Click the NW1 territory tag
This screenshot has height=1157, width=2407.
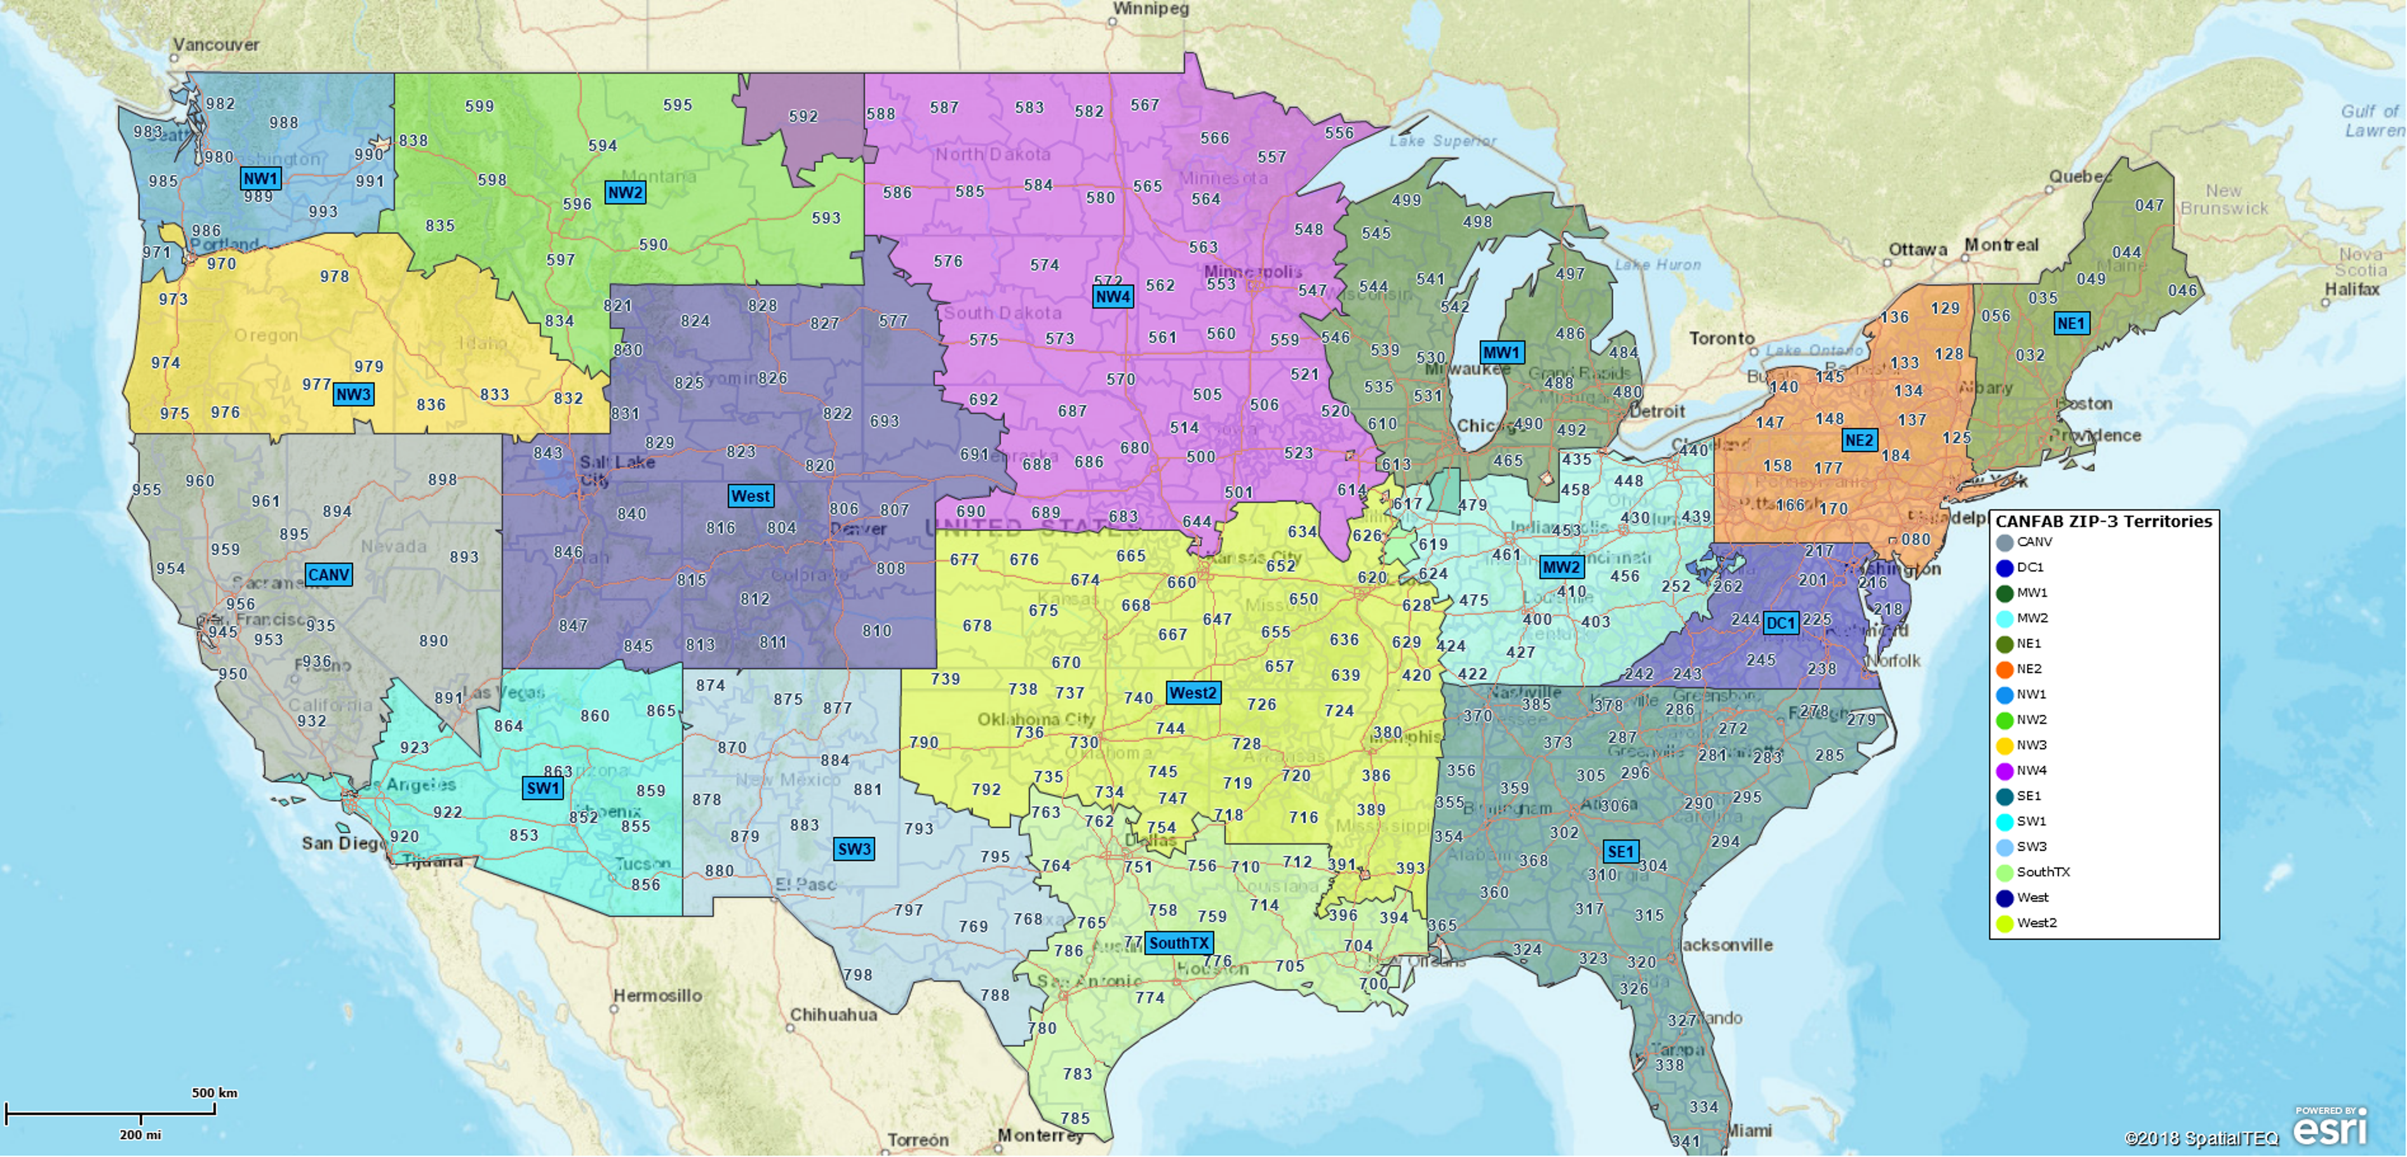[260, 178]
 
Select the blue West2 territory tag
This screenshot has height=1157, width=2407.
[1192, 693]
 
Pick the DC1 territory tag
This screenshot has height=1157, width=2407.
[1780, 624]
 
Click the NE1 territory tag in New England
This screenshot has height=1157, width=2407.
[2070, 323]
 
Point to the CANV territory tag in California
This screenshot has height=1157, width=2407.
[328, 575]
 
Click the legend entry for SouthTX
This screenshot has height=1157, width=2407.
[2042, 872]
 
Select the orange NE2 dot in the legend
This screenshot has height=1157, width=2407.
[2004, 669]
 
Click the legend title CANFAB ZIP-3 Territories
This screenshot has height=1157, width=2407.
[2103, 521]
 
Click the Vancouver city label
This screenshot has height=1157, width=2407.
[216, 44]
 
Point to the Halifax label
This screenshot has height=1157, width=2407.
[2352, 289]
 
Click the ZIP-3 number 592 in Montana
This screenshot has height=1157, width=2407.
[803, 117]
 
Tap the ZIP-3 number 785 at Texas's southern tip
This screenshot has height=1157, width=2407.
[1075, 1118]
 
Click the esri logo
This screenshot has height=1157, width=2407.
[2330, 1127]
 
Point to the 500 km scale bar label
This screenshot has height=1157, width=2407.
[214, 1092]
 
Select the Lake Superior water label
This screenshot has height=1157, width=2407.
[1442, 141]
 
